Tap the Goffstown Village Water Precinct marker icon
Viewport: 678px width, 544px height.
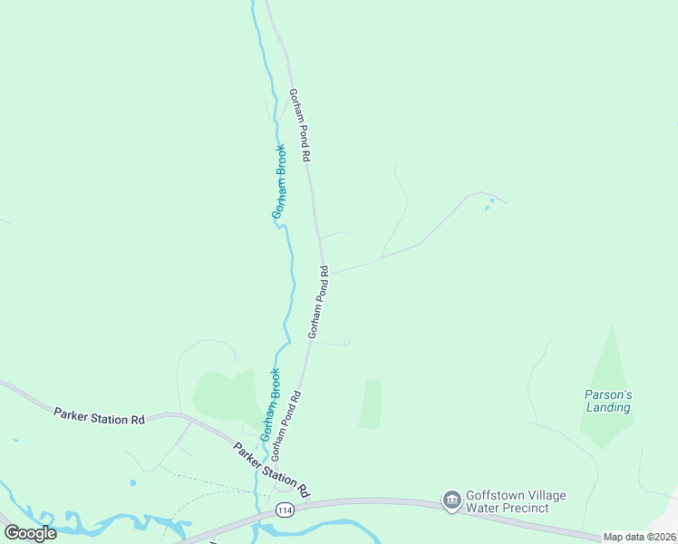click(x=451, y=500)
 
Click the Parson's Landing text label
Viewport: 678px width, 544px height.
click(x=607, y=401)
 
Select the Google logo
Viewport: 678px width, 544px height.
click(x=30, y=533)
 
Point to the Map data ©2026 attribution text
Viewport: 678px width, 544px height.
click(x=640, y=537)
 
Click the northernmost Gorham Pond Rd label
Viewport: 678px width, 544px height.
click(x=300, y=125)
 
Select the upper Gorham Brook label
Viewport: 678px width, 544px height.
click(x=279, y=181)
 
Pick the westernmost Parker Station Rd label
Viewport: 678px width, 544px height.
click(x=99, y=417)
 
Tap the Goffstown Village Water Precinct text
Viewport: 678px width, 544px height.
click(x=516, y=501)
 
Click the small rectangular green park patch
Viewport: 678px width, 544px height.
click(x=370, y=403)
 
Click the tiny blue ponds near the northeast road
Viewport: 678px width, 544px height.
click(x=489, y=204)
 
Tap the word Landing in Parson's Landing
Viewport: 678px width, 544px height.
click(x=607, y=408)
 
